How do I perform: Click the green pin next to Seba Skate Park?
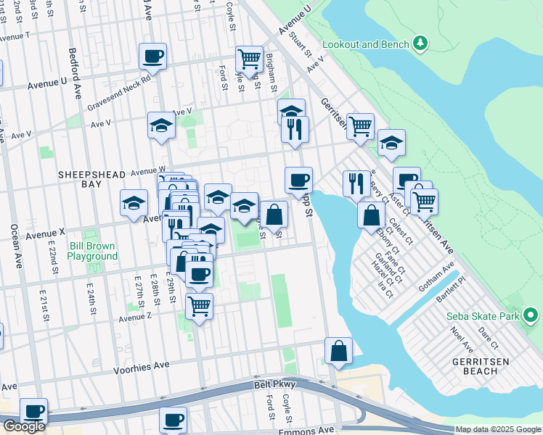(530, 315)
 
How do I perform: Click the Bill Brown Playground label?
(93, 251)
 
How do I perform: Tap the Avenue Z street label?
(135, 317)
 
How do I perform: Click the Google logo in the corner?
(23, 426)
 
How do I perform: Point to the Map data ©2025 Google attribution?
(498, 429)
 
